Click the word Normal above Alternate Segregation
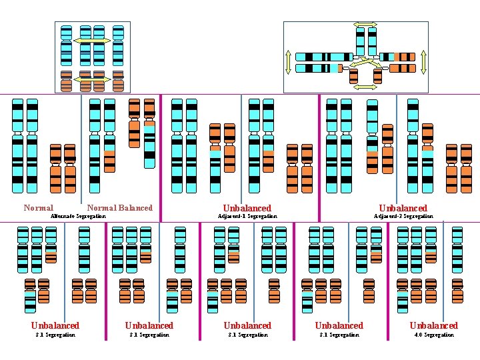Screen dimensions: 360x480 (x=38, y=208)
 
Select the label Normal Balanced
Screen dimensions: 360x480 (x=119, y=208)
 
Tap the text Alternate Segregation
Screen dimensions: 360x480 (x=79, y=216)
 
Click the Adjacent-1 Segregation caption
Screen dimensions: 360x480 (x=247, y=216)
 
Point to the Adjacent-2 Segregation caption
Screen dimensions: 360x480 (x=403, y=216)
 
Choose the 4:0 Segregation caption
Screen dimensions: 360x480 (x=433, y=335)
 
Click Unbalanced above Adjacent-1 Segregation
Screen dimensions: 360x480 (x=247, y=208)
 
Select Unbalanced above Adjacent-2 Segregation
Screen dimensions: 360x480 (x=403, y=208)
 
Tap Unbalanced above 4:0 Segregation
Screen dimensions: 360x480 (x=433, y=325)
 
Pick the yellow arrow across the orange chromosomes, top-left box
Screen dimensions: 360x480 (x=92, y=80)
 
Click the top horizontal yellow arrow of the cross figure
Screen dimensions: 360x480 (x=365, y=25)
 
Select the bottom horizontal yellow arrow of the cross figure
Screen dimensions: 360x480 (x=365, y=87)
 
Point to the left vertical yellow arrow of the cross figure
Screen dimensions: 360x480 (x=288, y=62)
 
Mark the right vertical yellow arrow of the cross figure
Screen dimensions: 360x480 (x=422, y=62)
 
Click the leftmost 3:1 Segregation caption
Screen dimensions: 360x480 (x=55, y=335)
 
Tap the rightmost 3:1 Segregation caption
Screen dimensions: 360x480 (x=339, y=335)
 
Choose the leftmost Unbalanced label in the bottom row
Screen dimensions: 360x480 (x=55, y=325)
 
